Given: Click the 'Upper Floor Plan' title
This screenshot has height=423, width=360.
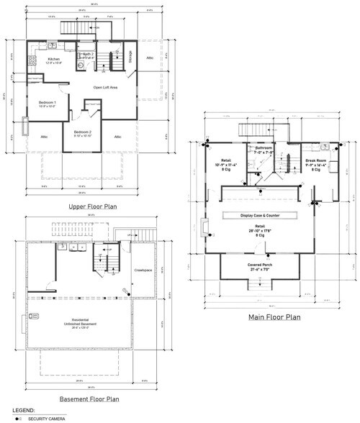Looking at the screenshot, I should (x=93, y=207).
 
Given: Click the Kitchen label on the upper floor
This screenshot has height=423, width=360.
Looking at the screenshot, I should (x=54, y=60).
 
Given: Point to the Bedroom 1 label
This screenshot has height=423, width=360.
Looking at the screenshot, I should (x=48, y=104).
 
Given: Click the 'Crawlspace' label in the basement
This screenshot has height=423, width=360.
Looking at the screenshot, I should (x=144, y=270).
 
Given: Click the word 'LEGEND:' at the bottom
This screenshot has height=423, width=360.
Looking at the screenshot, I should (x=14, y=411).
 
